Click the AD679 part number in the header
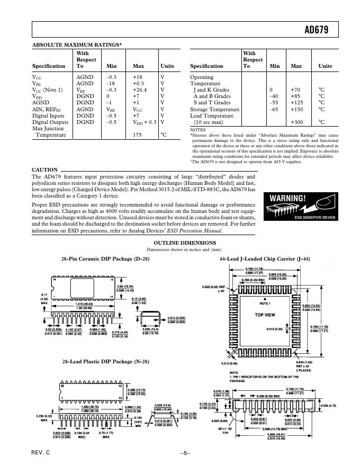tap(316, 30)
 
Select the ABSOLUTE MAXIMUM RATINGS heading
tap(77, 45)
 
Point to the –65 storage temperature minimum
tap(274, 109)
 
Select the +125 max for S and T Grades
tap(296, 103)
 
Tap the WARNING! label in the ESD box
tap(287, 198)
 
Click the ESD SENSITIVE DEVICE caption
tap(315, 217)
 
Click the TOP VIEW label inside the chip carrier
tap(265, 315)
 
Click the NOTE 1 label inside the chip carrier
tap(265, 303)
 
